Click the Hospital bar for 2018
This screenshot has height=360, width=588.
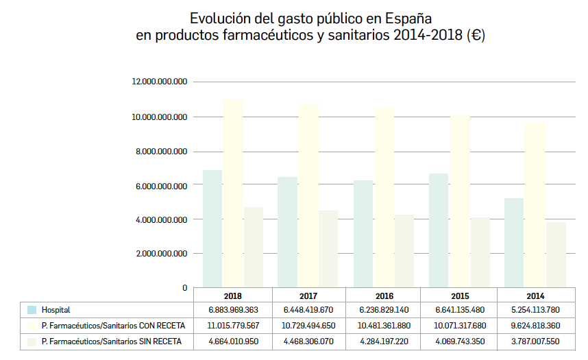(x=212, y=228)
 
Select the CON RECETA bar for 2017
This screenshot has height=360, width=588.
(x=308, y=195)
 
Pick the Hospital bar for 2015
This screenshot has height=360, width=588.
(x=439, y=230)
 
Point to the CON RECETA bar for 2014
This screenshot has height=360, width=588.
(x=535, y=205)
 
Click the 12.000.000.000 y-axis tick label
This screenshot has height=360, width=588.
(x=159, y=82)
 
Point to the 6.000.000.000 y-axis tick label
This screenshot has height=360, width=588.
(x=159, y=186)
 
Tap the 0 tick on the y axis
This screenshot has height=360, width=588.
(x=184, y=288)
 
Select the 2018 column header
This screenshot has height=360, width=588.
(x=233, y=296)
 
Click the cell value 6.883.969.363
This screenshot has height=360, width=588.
(x=233, y=310)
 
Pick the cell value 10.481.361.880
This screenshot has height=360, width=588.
(x=384, y=326)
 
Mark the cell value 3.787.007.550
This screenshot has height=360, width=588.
(x=535, y=341)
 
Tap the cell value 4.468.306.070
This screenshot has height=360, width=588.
(x=308, y=341)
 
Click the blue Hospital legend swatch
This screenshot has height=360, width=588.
(x=31, y=310)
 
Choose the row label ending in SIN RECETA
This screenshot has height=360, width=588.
(x=110, y=341)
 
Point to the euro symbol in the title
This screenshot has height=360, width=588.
(x=475, y=36)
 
